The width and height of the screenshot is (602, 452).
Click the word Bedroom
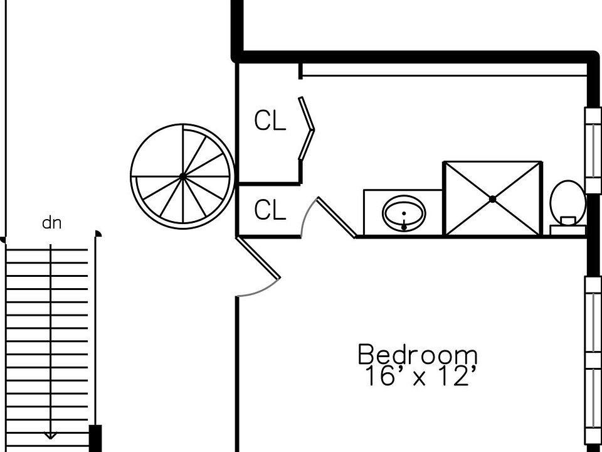[x=418, y=354]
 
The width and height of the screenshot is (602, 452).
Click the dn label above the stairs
[x=51, y=222]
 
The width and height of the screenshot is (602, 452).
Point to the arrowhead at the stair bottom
[x=50, y=436]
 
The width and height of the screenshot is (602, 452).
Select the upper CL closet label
[x=270, y=120]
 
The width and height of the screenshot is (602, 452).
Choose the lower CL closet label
[x=270, y=210]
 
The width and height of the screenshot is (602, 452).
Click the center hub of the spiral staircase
[x=182, y=176]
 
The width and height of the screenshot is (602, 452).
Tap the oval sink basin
[x=404, y=213]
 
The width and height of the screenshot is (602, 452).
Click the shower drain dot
[x=493, y=199]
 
